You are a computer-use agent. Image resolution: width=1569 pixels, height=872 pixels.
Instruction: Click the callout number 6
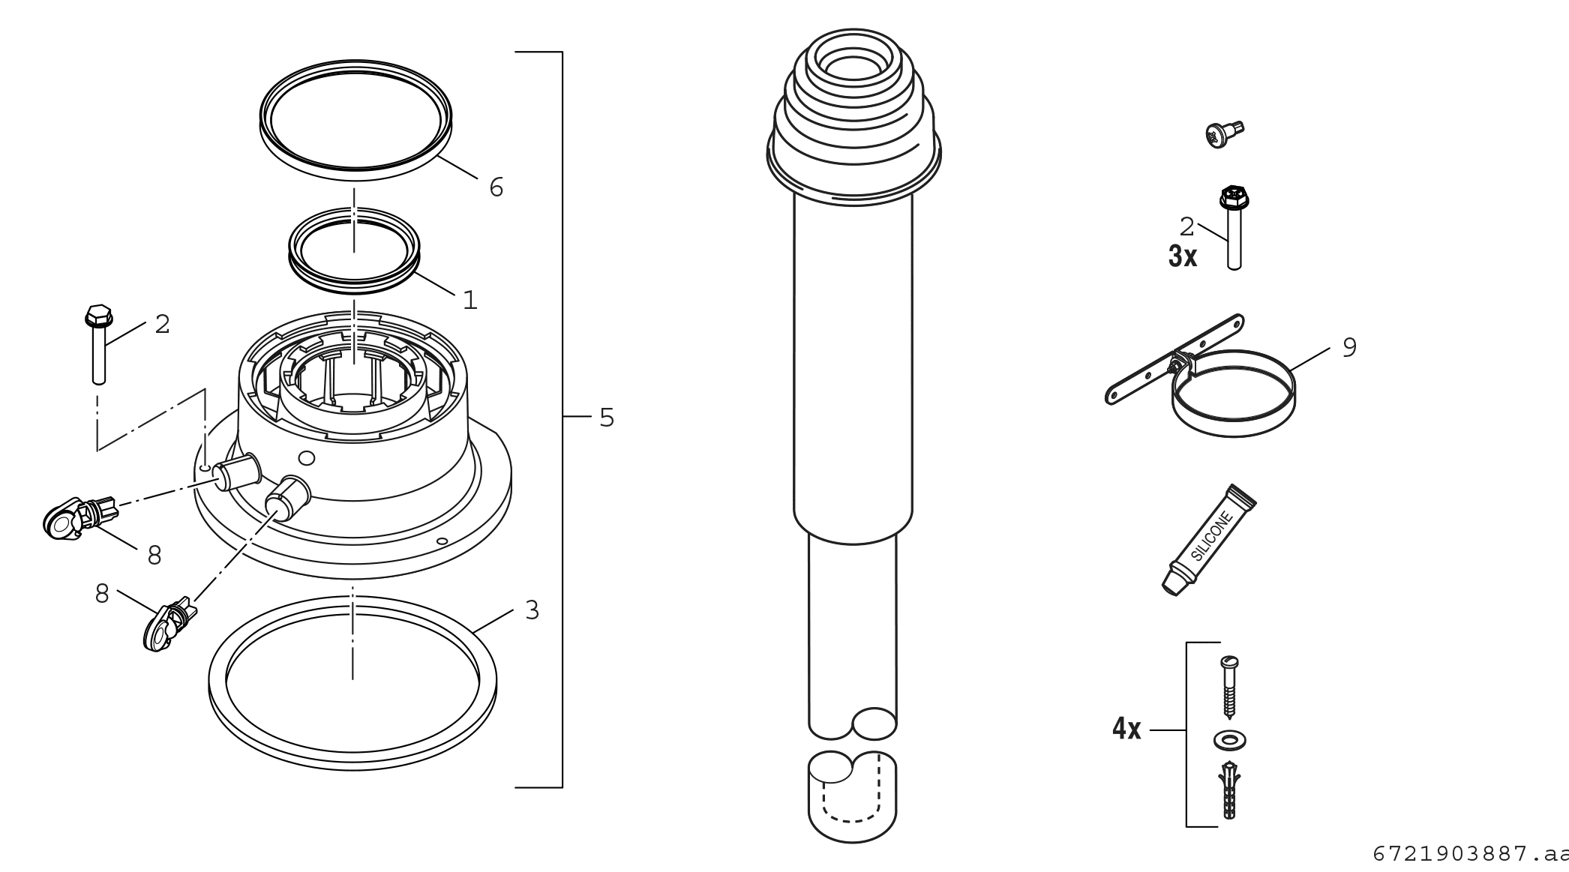click(496, 187)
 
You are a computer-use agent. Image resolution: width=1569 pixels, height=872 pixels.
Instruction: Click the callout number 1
click(470, 301)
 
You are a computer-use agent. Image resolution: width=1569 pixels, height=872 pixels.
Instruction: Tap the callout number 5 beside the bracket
click(607, 418)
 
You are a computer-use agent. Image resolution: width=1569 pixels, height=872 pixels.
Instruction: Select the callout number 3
click(532, 610)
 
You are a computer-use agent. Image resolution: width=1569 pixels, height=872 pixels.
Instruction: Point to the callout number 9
click(1349, 348)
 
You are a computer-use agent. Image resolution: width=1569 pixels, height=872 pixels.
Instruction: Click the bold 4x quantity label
click(1126, 729)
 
